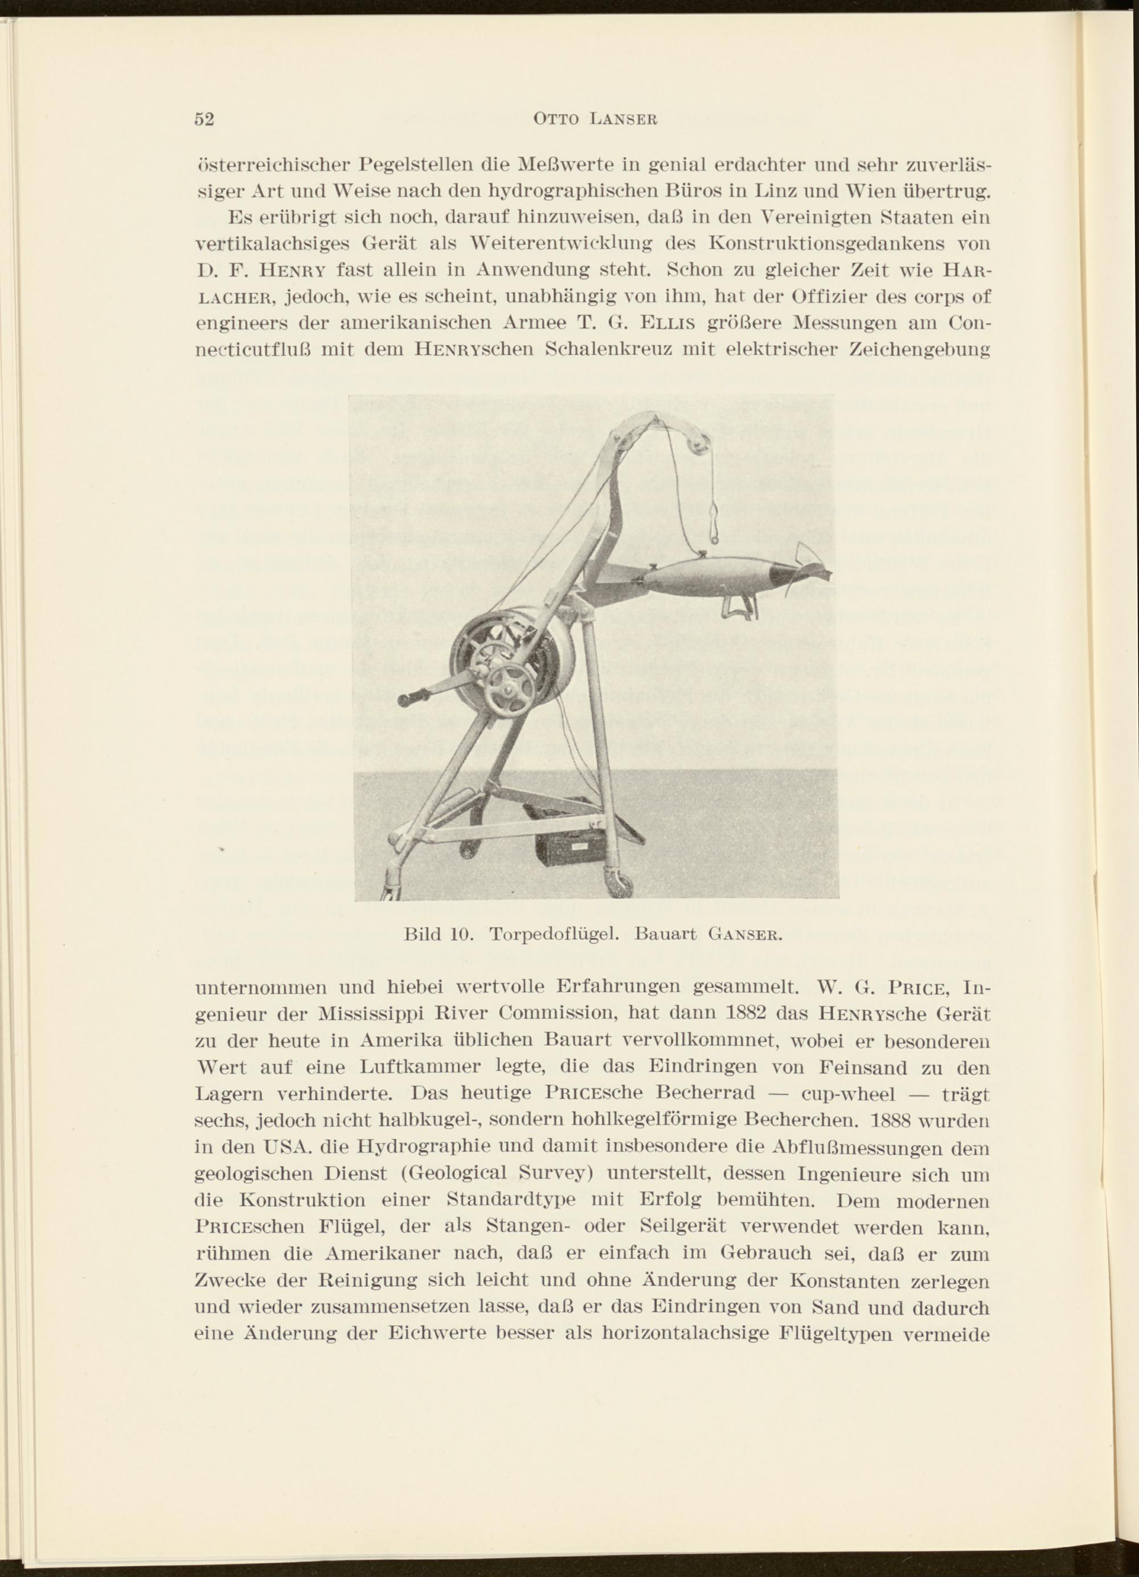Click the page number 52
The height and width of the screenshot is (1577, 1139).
[x=204, y=120]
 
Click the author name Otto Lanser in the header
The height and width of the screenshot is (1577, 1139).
[x=594, y=120]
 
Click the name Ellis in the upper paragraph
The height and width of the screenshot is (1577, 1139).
[x=671, y=324]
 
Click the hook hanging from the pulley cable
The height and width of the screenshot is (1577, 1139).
[x=713, y=524]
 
